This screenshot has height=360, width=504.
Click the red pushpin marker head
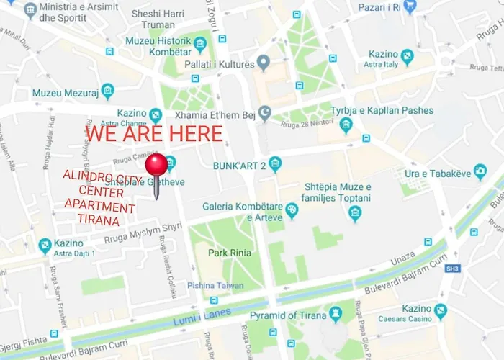(156, 165)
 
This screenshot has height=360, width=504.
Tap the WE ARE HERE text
(154, 133)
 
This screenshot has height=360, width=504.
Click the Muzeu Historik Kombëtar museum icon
(200, 44)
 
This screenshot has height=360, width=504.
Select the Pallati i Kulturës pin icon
(264, 63)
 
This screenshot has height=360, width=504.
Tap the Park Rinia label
(228, 253)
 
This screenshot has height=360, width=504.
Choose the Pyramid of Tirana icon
(335, 314)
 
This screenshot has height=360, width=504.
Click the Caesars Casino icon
(441, 312)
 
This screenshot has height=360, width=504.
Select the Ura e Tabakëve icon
(480, 172)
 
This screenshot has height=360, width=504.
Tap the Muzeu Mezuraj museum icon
(108, 91)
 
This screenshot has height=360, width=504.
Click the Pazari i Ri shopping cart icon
(410, 7)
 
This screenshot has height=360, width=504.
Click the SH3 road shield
(451, 268)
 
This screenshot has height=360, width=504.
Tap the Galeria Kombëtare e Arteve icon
(292, 211)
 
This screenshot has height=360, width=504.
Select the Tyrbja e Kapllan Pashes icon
(346, 125)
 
